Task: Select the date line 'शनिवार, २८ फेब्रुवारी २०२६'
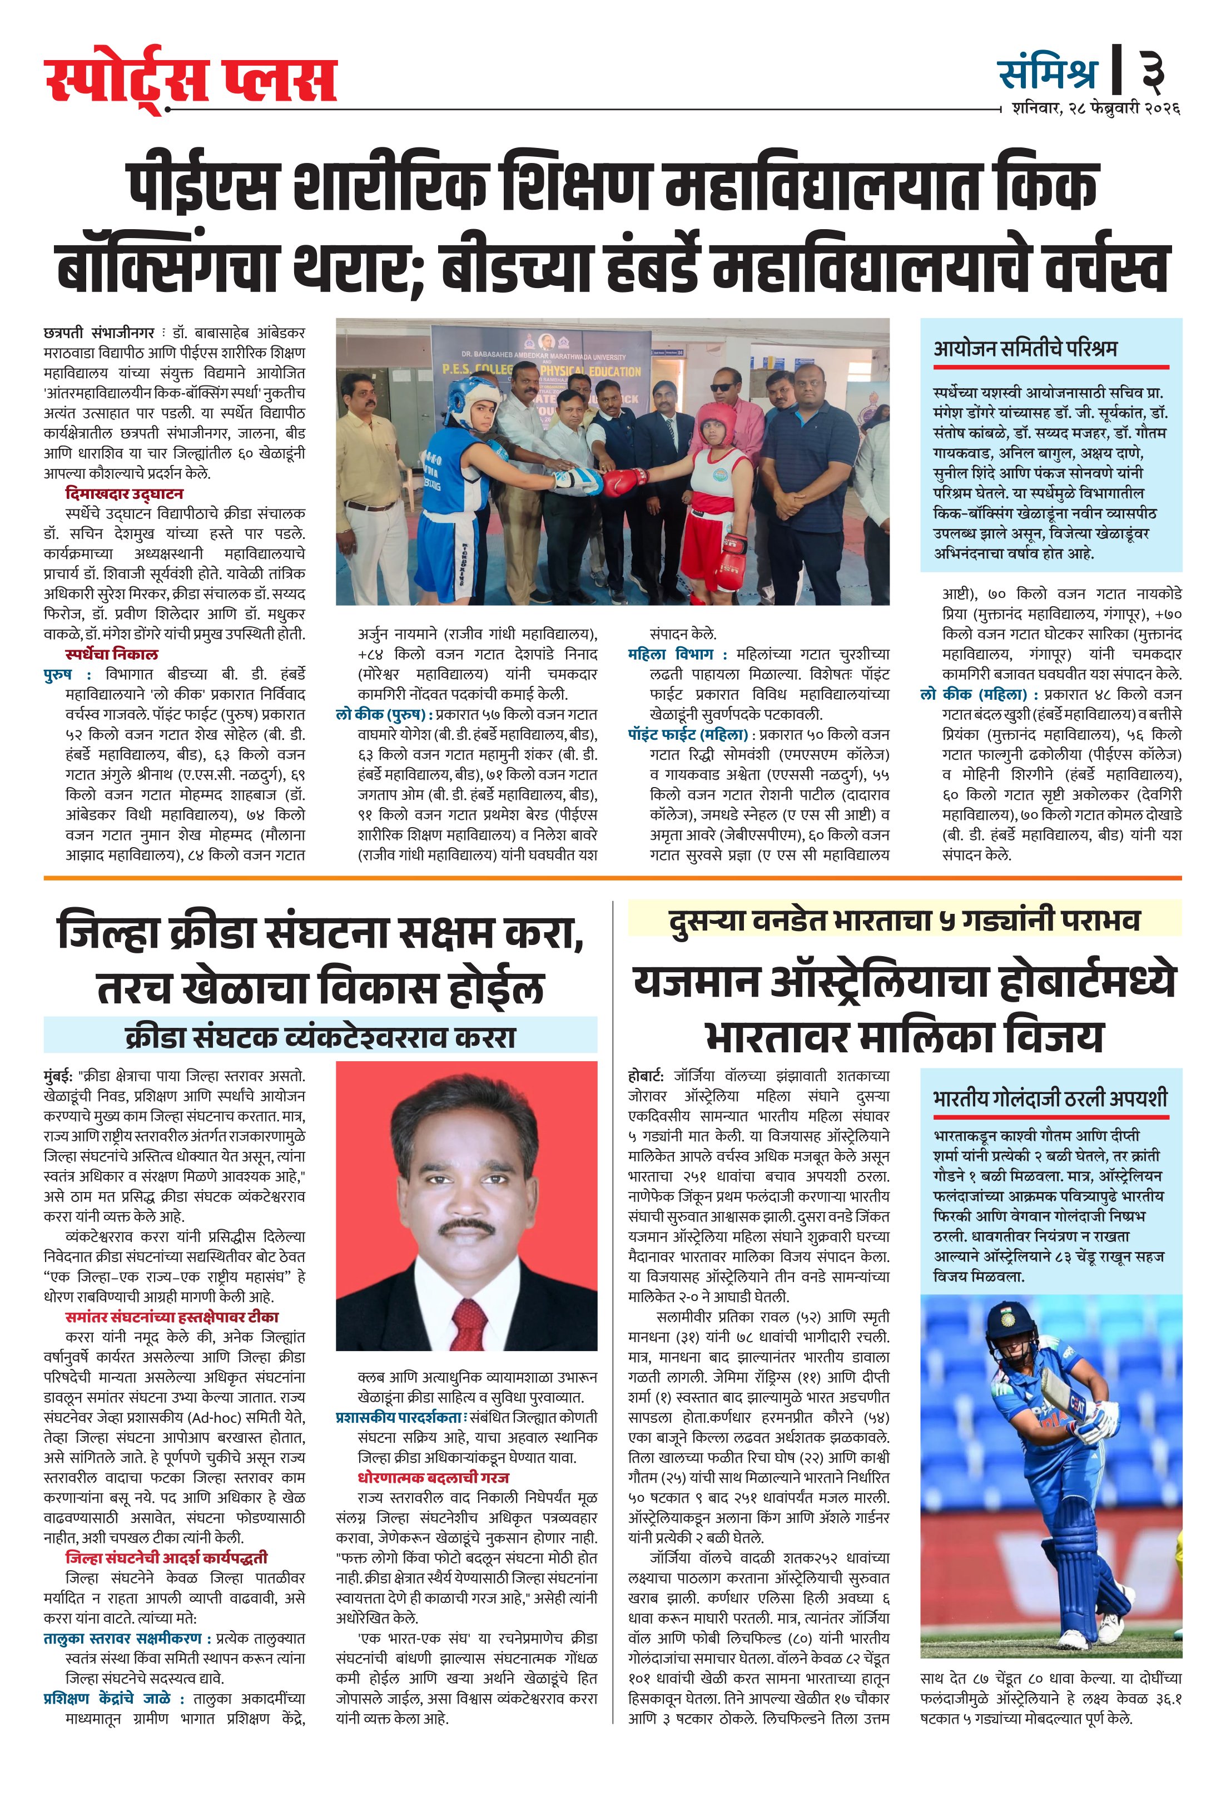tap(1095, 109)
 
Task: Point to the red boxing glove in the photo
tap(625, 483)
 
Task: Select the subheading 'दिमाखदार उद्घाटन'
tap(125, 494)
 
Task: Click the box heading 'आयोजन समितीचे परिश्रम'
tap(1025, 349)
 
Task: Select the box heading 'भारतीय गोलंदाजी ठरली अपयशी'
tap(1050, 1097)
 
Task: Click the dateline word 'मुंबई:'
tap(59, 1076)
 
